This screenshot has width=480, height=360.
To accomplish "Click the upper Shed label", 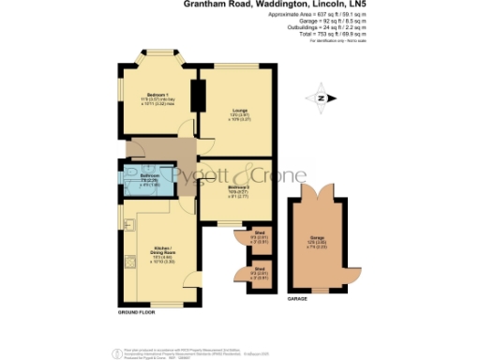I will [258, 237].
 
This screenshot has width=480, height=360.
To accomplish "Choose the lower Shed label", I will [258, 275].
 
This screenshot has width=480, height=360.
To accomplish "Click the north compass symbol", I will [321, 97].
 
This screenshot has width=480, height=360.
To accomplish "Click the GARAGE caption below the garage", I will [298, 298].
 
